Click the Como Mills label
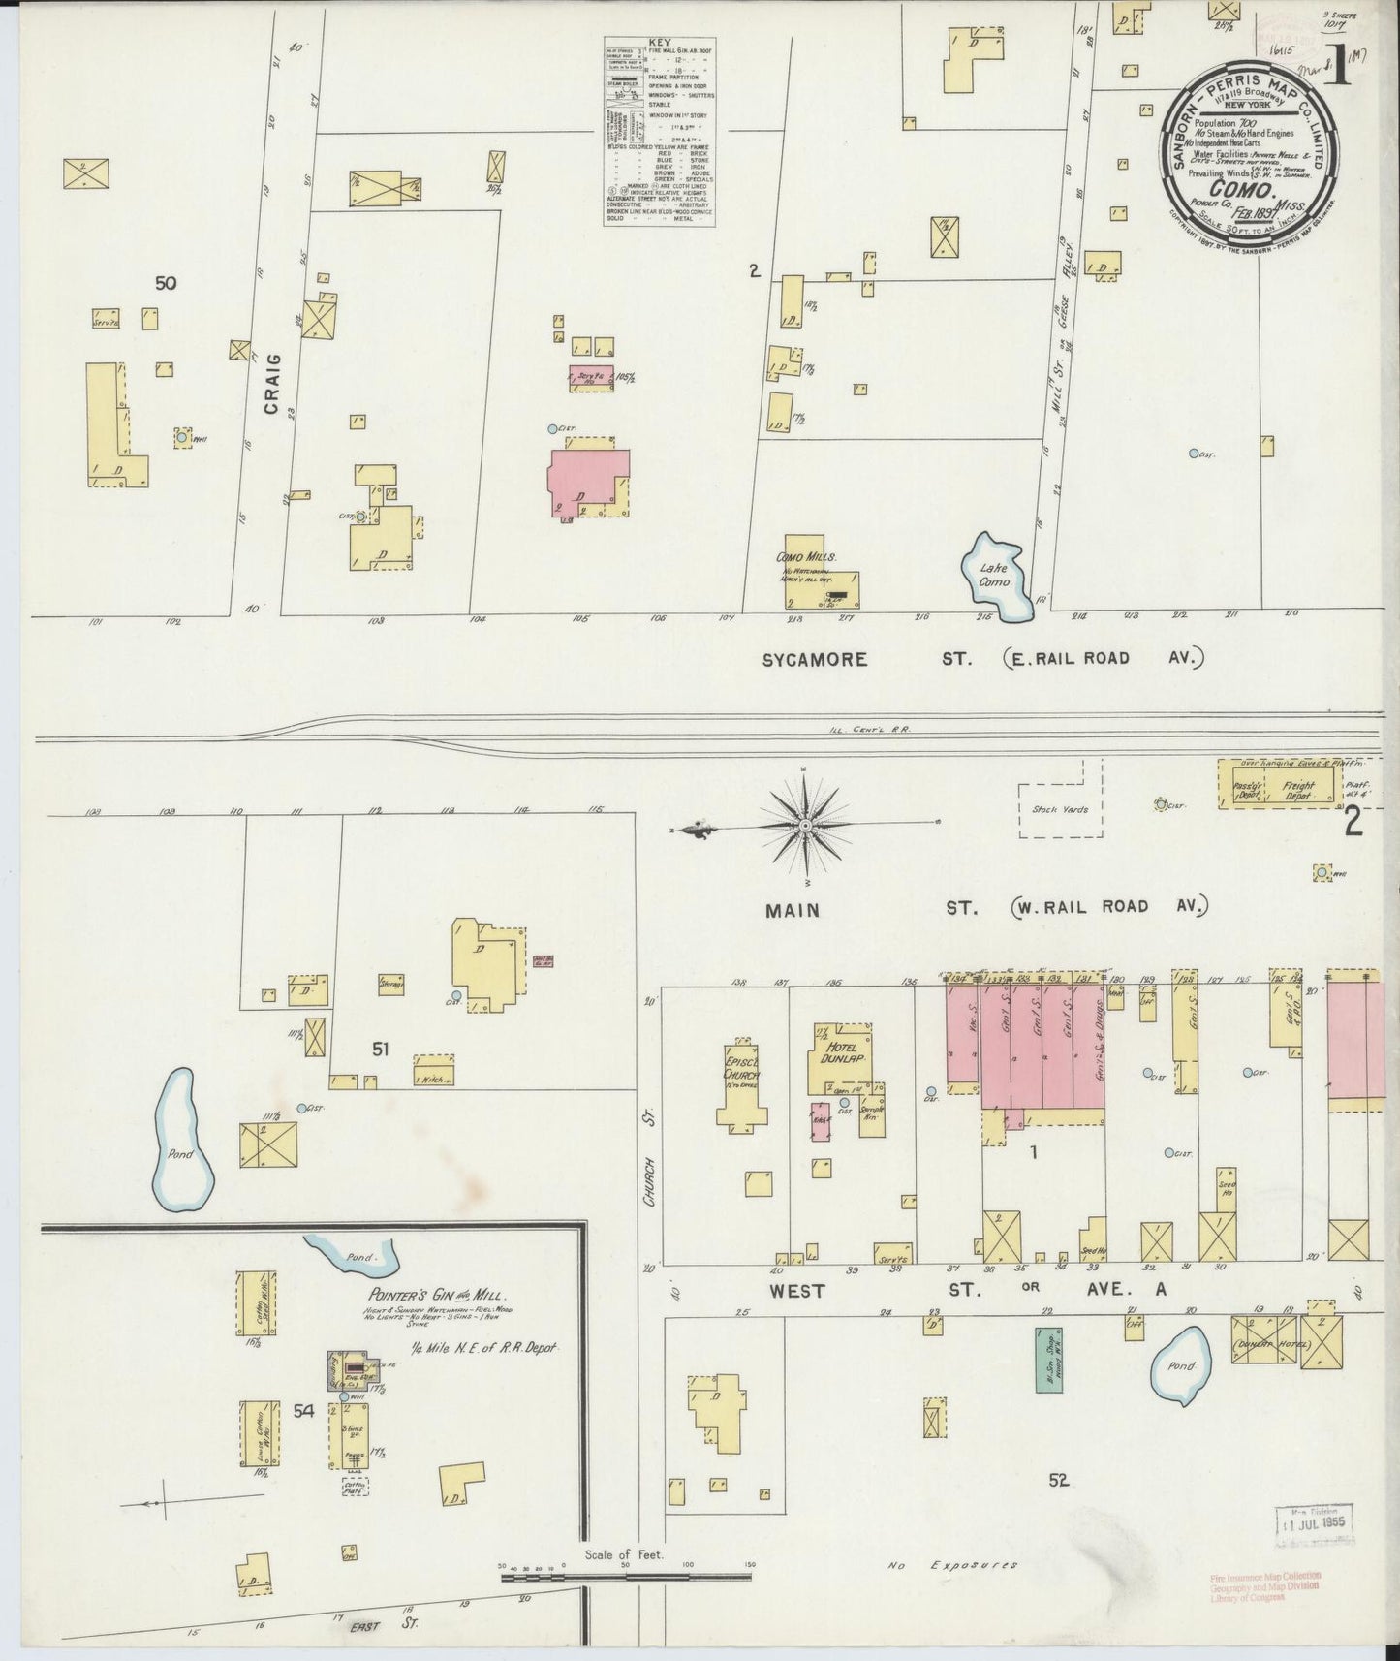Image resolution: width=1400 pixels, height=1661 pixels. (806, 557)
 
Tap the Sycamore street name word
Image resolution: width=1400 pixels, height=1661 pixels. (814, 659)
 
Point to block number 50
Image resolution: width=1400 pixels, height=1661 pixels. (166, 283)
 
